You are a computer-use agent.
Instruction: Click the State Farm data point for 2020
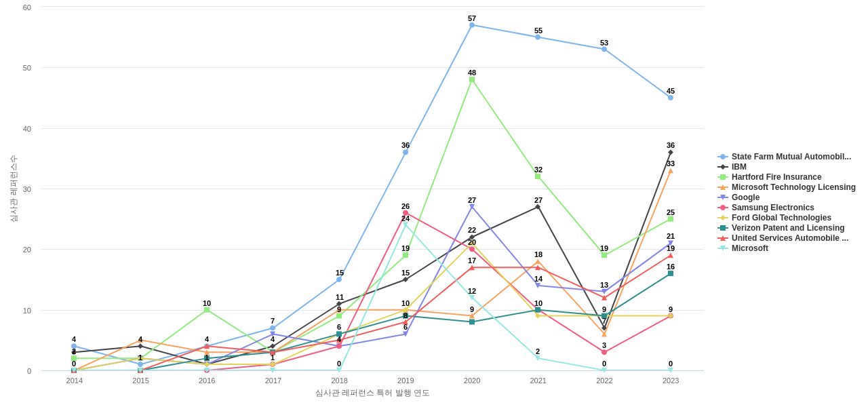click(472, 25)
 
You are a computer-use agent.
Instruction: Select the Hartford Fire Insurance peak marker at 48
click(472, 79)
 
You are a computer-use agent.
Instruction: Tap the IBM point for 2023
click(671, 153)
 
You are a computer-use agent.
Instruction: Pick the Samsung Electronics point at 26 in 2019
click(406, 213)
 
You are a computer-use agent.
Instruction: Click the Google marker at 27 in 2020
click(472, 207)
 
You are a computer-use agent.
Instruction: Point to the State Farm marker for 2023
click(671, 98)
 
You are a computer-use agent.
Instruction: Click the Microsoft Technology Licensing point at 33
click(671, 171)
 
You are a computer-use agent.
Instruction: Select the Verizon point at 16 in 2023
click(671, 273)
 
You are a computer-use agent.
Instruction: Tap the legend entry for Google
click(745, 197)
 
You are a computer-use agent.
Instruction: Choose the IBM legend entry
click(738, 167)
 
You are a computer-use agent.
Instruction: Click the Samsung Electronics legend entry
click(772, 208)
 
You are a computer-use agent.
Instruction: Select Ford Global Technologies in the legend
click(781, 218)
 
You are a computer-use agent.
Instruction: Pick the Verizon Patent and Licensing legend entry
click(787, 228)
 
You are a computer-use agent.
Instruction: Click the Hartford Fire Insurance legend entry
click(776, 177)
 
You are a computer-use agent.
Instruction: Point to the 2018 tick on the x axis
click(339, 381)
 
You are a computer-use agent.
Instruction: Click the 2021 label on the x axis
click(538, 381)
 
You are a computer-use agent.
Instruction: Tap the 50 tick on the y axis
click(27, 68)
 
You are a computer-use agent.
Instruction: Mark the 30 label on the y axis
click(27, 189)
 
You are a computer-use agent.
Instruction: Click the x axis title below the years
click(372, 393)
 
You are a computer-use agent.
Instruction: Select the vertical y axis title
click(14, 189)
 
